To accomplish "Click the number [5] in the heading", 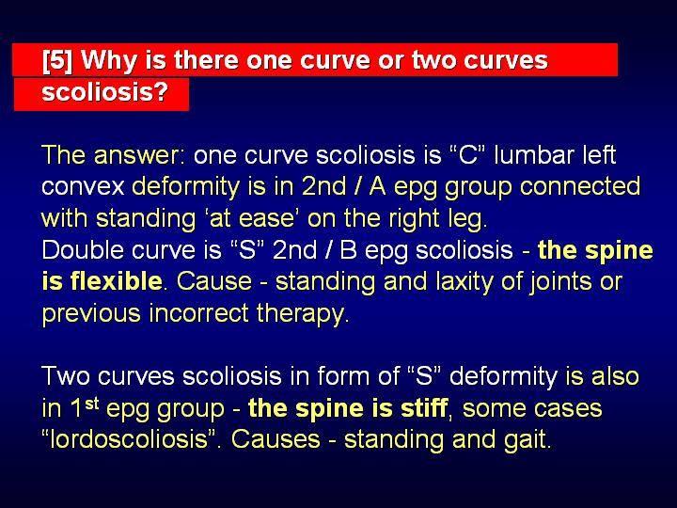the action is (57, 60).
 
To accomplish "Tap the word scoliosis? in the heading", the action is (105, 91).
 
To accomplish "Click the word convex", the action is (83, 187).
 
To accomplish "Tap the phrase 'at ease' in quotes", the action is (251, 218).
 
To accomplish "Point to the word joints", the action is (556, 281).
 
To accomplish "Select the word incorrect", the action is (199, 312).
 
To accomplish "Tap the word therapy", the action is (301, 313).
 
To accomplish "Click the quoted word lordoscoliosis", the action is (128, 439).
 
